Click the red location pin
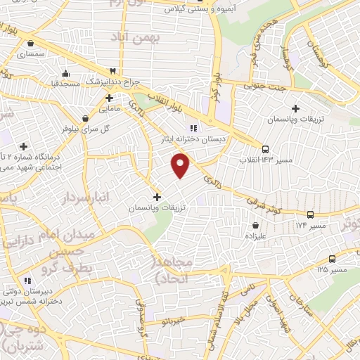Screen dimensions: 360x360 tap(181, 165)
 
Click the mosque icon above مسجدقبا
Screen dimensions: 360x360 tap(65, 73)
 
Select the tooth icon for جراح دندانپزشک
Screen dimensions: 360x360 tap(112, 71)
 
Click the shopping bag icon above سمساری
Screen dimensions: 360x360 tap(30, 43)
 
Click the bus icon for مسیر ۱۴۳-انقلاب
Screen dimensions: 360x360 tap(265, 149)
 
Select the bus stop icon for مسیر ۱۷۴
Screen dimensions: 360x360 tap(310, 214)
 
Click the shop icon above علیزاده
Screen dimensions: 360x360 tap(254, 225)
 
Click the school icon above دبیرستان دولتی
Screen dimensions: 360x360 tap(27, 281)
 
